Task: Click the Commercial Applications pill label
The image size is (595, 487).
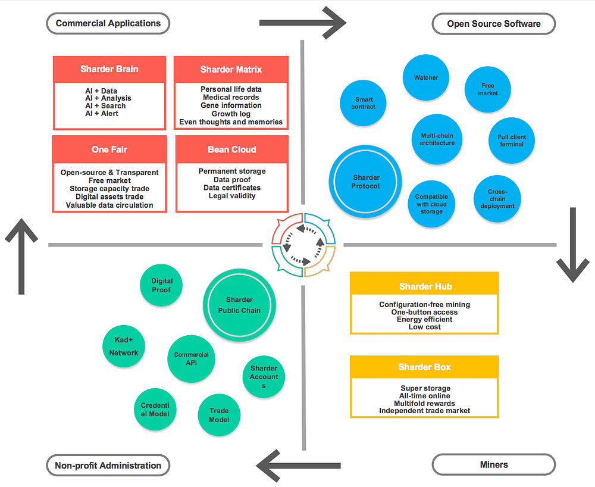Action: point(108,24)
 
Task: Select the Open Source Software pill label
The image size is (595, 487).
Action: point(494,24)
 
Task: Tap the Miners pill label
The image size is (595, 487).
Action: point(494,464)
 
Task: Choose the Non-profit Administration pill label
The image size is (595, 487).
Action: point(108,466)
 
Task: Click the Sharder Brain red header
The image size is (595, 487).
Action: point(109,69)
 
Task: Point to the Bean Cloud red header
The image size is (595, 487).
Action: point(232,149)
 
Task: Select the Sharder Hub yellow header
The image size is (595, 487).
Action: point(424,286)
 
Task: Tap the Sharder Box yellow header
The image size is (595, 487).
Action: point(424,367)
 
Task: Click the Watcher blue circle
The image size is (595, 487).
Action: point(426,77)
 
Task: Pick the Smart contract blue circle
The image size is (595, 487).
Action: point(363,103)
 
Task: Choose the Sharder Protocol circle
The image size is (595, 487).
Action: point(365,182)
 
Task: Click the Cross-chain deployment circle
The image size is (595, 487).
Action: point(497,198)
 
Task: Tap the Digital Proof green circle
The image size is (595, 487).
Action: point(161,285)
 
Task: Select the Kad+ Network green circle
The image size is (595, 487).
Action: point(124,346)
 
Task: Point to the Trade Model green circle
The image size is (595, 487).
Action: point(219,415)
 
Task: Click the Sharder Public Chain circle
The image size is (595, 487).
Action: point(239,305)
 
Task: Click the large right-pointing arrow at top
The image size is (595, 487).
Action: point(302,23)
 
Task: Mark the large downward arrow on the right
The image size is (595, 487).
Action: point(573,245)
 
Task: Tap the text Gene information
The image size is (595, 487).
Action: point(231,105)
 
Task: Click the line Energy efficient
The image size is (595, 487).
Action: point(425,320)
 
